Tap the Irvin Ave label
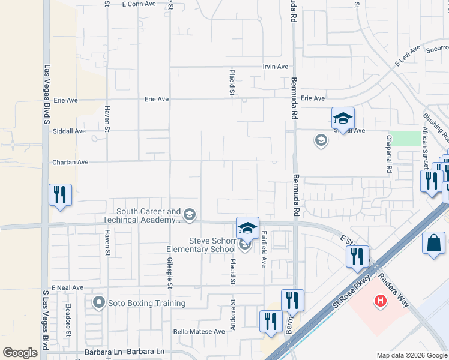coord(276,67)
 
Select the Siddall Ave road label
coord(70,131)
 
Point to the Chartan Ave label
coord(70,162)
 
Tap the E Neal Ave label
coord(67,288)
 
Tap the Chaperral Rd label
coord(388,154)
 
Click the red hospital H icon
coord(379,300)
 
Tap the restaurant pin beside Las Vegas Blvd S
coord(60,194)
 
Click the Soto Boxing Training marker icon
coord(99,303)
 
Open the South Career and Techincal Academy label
coord(148,215)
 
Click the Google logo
coord(20,353)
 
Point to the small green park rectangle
coord(405,139)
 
